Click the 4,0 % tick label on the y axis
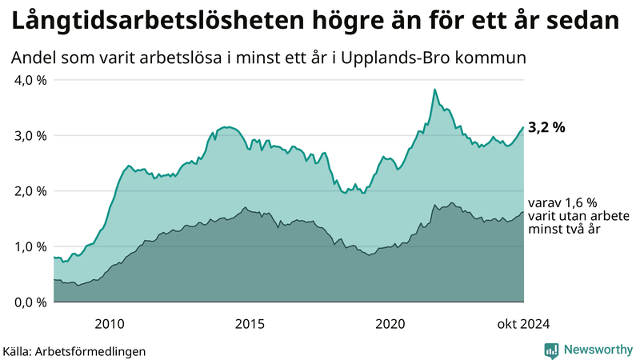[30, 80]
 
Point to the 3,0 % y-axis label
[30, 135]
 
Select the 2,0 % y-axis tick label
[30, 191]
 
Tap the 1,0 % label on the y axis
[30, 246]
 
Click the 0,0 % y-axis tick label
[30, 302]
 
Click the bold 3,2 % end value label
[547, 128]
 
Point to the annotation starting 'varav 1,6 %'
[564, 216]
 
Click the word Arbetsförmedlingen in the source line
[96, 350]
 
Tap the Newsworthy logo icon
[551, 350]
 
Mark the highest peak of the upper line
[434, 90]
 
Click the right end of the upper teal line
[523, 127]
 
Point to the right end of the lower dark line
[523, 212]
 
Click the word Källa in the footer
[22, 350]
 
